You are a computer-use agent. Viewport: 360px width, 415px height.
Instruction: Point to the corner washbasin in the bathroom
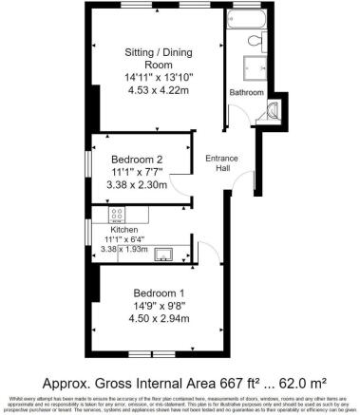pyautogui.click(x=275, y=109)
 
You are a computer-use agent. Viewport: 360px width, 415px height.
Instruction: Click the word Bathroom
pyautogui.click(x=247, y=92)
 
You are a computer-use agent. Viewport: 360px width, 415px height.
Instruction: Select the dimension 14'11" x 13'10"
pyautogui.click(x=158, y=76)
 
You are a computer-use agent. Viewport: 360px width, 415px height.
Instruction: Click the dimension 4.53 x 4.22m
pyautogui.click(x=158, y=91)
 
